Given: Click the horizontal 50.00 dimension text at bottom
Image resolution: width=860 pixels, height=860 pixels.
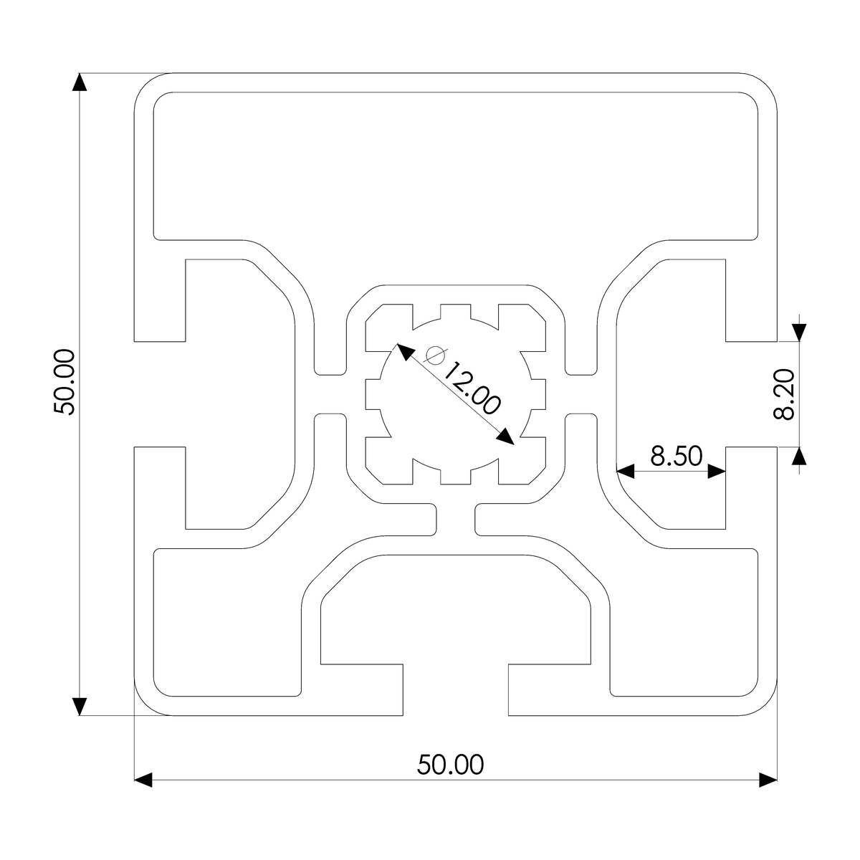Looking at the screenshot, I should tap(451, 765).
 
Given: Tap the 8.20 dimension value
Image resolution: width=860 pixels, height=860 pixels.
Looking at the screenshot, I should tap(785, 394).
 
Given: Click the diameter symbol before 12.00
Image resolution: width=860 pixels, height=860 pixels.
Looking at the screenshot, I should tap(435, 355).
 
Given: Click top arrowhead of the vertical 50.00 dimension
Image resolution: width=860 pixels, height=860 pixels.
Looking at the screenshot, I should tap(80, 82).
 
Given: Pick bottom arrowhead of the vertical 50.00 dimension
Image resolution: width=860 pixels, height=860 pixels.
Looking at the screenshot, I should tap(80, 706).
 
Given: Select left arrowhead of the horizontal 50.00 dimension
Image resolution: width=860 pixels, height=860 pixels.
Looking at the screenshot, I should tap(144, 780).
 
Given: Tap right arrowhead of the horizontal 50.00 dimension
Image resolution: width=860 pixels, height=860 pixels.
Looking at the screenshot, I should tap(768, 780).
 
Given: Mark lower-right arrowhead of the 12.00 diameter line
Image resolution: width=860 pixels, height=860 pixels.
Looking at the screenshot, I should tap(506, 436).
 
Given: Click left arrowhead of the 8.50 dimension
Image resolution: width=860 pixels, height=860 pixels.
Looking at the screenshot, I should tap(626, 471).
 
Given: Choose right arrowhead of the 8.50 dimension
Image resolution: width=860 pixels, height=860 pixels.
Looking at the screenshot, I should tap(717, 471).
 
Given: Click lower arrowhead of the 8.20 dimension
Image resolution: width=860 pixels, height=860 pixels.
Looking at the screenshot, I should tap(800, 456).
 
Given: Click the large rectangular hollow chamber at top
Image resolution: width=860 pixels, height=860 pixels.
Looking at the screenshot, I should tap(456, 165).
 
